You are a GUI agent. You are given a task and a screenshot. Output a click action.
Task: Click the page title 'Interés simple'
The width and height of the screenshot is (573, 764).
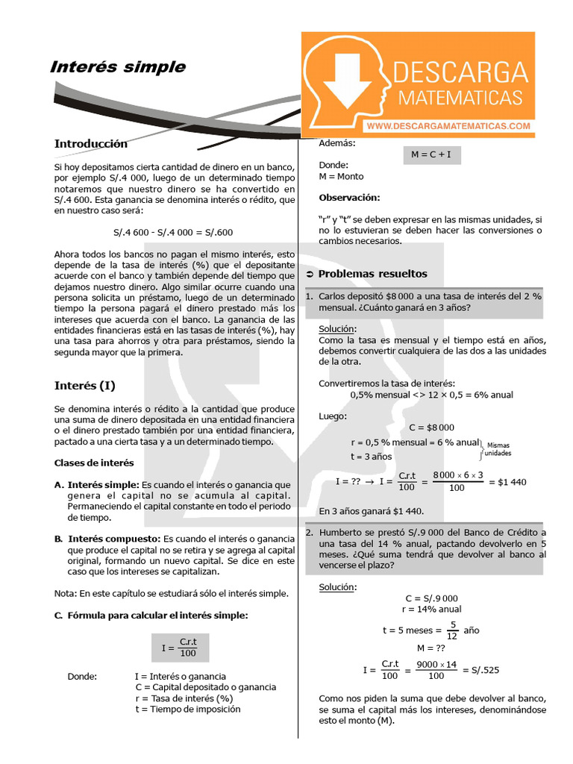click(117, 67)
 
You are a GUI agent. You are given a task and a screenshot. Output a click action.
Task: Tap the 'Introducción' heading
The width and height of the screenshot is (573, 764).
click(90, 144)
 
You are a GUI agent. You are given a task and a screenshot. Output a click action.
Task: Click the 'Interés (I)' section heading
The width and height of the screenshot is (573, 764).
click(84, 386)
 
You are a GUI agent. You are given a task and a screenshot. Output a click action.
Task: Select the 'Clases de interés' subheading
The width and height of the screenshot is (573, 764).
click(94, 463)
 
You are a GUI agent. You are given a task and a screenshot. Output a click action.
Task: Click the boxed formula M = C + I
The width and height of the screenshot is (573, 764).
click(432, 155)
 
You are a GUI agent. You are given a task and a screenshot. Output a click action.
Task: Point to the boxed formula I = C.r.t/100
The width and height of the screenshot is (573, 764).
click(179, 646)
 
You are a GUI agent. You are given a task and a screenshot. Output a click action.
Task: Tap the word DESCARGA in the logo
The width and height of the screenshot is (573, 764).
click(460, 73)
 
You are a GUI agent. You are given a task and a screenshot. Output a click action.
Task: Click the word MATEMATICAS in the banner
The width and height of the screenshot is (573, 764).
click(460, 98)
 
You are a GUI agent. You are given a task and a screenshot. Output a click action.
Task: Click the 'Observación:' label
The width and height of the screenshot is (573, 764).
click(349, 198)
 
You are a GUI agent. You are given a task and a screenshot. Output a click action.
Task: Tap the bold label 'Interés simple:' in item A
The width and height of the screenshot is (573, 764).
click(104, 485)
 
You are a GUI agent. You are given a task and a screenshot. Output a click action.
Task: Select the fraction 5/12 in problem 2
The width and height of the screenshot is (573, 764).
click(452, 630)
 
